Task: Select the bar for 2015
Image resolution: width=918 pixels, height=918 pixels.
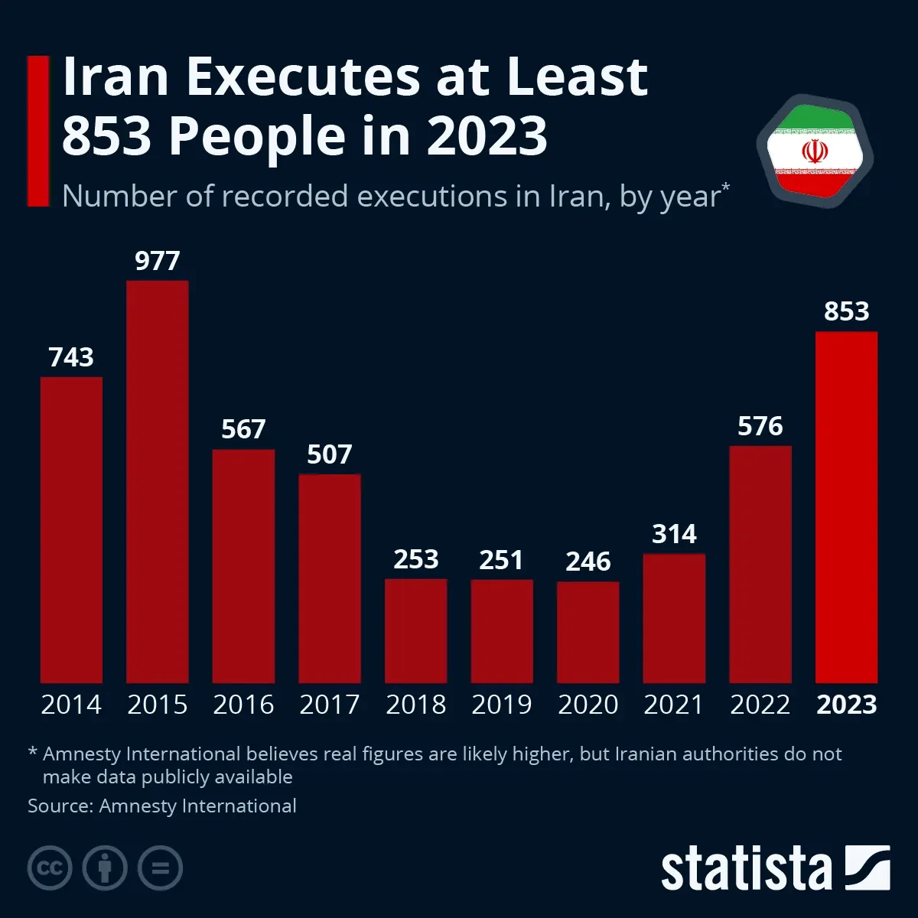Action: (x=157, y=482)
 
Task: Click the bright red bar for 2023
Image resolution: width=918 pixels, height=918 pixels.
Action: (x=846, y=506)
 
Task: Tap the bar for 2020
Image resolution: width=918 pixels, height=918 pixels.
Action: (x=588, y=632)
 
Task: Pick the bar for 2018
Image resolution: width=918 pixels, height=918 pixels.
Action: (x=415, y=630)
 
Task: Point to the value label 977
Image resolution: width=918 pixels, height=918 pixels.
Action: (x=157, y=261)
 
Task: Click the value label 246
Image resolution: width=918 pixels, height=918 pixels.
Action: (x=588, y=562)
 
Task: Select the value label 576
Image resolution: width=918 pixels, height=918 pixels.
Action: (x=760, y=426)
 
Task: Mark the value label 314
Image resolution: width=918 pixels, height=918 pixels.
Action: (x=674, y=534)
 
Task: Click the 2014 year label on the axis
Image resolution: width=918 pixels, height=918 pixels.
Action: (x=71, y=705)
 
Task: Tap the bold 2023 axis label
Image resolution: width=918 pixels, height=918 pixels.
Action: (x=846, y=705)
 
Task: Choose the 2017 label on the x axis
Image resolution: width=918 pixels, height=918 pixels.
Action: (x=329, y=705)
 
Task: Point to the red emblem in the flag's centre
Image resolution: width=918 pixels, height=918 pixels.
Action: (x=815, y=151)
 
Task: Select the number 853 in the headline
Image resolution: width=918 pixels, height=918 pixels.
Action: (x=106, y=135)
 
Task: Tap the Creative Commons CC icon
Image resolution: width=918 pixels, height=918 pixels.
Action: (x=50, y=868)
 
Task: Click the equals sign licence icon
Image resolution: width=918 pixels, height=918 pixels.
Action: (x=160, y=868)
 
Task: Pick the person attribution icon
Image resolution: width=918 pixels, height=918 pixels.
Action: (x=105, y=868)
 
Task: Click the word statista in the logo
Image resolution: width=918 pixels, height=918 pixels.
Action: (x=746, y=870)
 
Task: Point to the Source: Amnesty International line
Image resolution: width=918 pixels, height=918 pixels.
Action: (x=162, y=806)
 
